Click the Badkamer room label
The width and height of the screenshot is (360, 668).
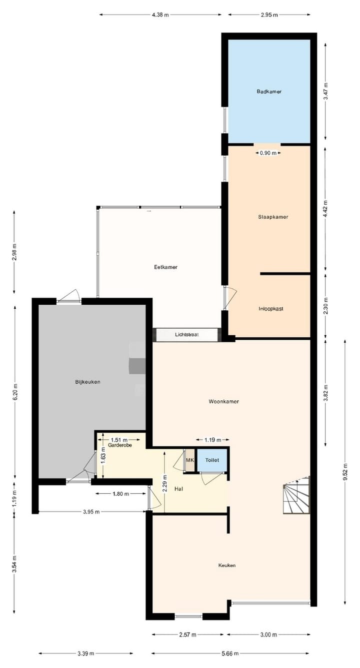269,92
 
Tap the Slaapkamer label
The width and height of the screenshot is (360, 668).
273,217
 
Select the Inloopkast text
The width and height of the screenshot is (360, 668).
271,309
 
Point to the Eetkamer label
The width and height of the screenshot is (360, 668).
165,267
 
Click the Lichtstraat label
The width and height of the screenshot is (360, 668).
187,335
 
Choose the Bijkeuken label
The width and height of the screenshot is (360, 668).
87,382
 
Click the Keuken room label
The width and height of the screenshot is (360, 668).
226,565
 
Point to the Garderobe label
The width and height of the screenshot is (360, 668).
119,445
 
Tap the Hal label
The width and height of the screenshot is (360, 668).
178,489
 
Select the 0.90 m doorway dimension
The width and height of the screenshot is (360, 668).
267,153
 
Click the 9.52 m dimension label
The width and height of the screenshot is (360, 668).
345,479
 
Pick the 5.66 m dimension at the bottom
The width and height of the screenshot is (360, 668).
230,653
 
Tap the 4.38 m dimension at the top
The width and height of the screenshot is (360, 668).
160,15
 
